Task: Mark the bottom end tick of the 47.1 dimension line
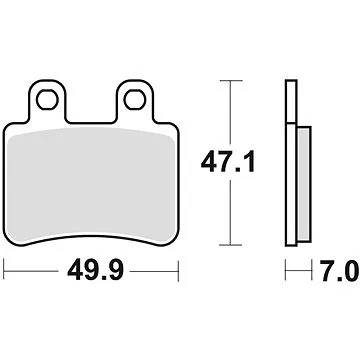point(232,244)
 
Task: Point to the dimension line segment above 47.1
point(232,110)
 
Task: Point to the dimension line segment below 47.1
point(232,210)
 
